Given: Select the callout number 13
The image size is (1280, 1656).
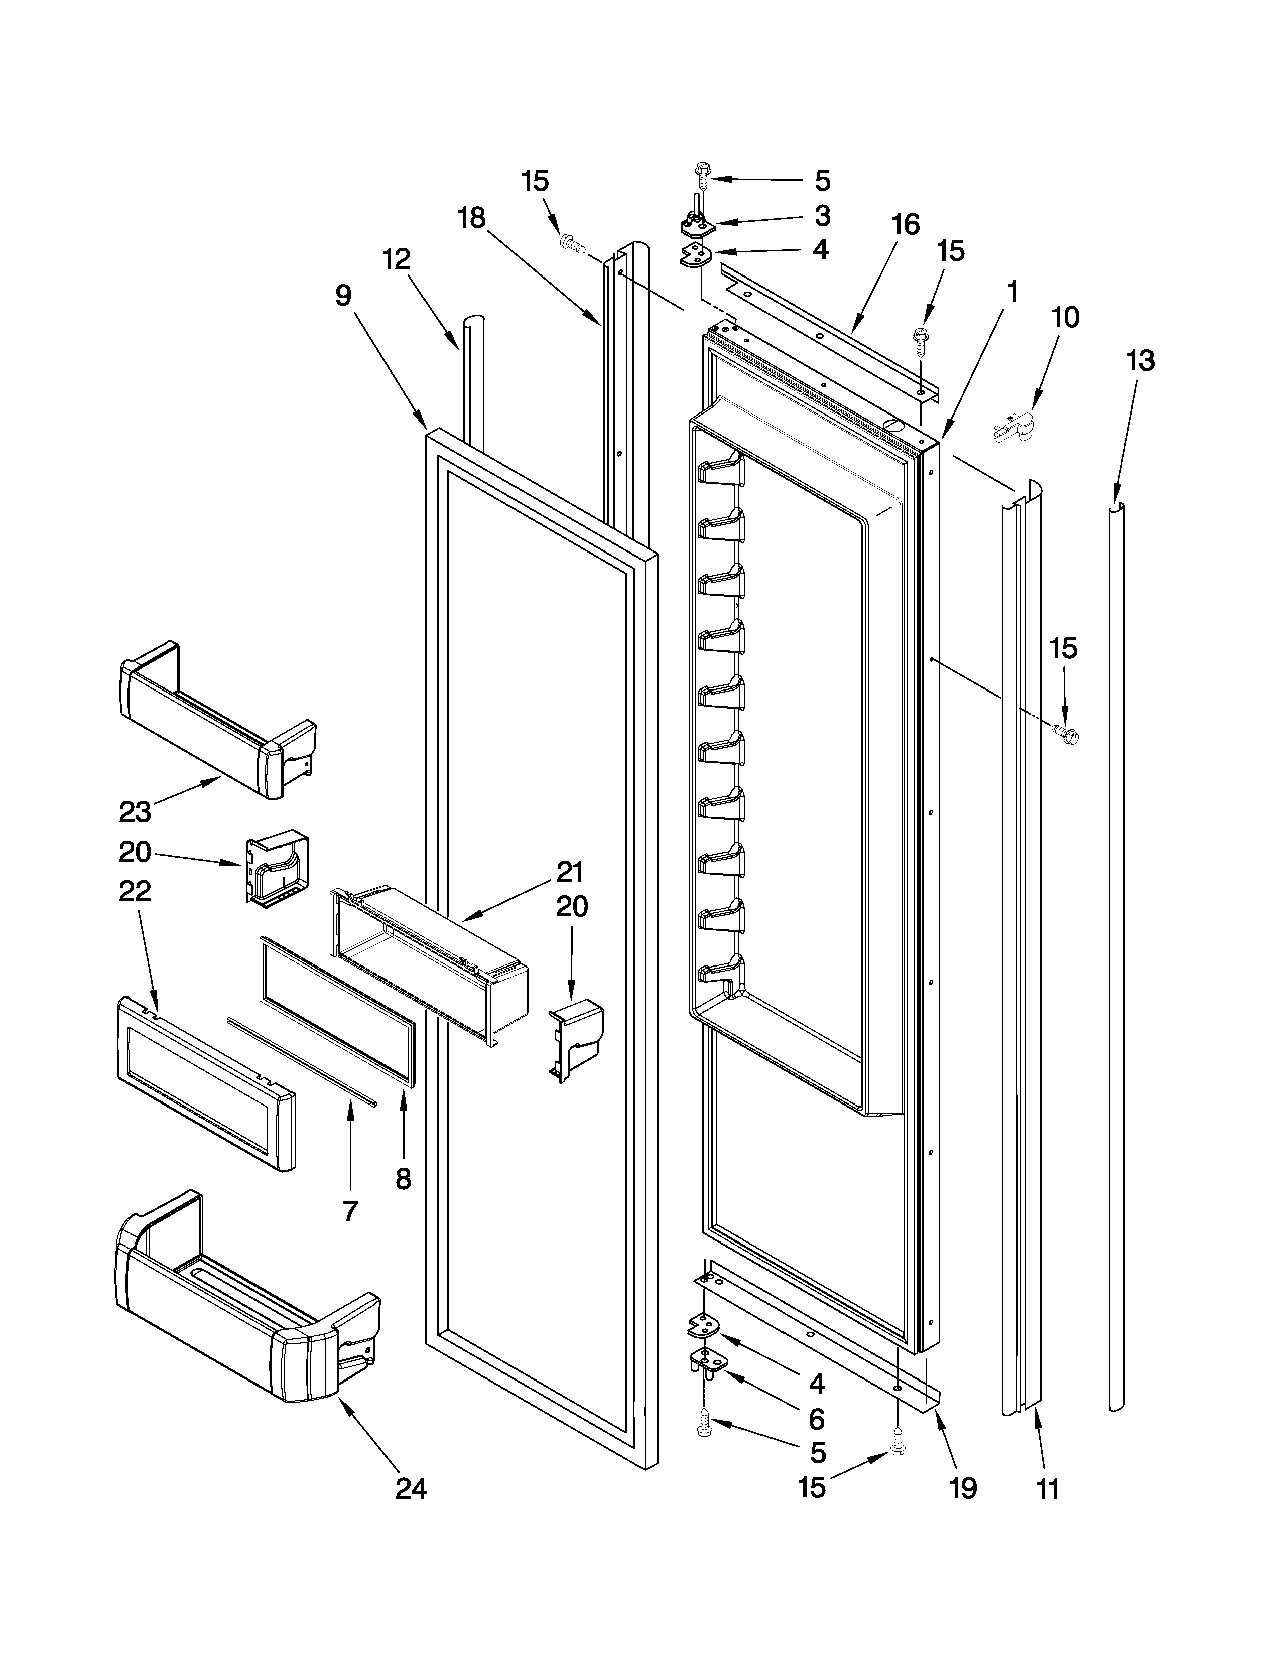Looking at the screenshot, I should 1140,361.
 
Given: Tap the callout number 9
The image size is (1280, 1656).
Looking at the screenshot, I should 343,295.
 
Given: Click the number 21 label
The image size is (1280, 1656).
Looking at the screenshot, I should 570,872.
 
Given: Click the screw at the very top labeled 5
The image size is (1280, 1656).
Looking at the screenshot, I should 701,177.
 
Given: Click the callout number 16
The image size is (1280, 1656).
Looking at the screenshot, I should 906,224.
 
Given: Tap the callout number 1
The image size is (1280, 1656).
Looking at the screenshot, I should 1011,292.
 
